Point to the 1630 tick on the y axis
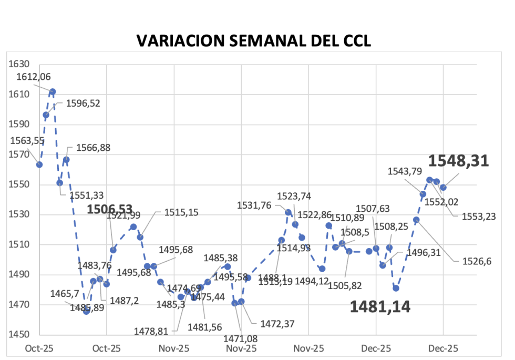point(19,64)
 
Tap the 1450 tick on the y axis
point(19,335)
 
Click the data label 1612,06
point(34,77)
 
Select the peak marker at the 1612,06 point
point(53,91)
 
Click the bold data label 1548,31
point(459,161)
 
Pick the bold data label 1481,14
point(380,306)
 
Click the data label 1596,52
point(83,104)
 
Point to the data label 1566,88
point(93,148)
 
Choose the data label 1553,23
point(479,216)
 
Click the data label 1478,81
point(165,331)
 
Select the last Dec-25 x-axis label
point(443,348)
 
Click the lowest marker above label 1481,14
point(396,288)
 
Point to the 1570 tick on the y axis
point(19,155)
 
